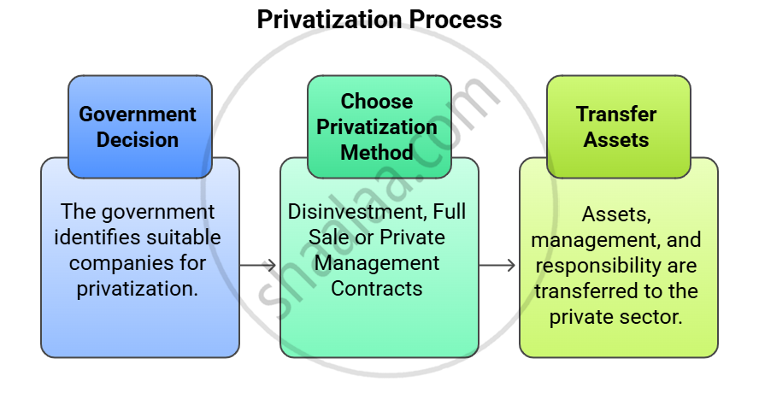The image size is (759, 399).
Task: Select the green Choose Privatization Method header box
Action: (x=379, y=126)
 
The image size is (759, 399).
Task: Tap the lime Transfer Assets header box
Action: (x=617, y=126)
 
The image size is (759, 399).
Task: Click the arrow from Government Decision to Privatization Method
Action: (x=259, y=266)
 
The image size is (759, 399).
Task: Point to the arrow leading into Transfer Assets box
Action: (x=498, y=266)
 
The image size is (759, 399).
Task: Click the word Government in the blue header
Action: (x=138, y=114)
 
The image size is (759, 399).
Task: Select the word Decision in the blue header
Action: (x=138, y=139)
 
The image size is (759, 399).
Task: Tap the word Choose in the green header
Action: (x=377, y=102)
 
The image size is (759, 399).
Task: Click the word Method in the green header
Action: (x=377, y=152)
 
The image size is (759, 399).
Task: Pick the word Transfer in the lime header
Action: (x=616, y=114)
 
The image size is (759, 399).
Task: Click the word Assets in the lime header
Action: (x=616, y=139)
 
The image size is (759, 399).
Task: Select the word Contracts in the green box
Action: (x=377, y=288)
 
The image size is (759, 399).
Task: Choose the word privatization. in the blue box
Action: (x=138, y=288)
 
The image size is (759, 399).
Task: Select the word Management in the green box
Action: (x=377, y=262)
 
